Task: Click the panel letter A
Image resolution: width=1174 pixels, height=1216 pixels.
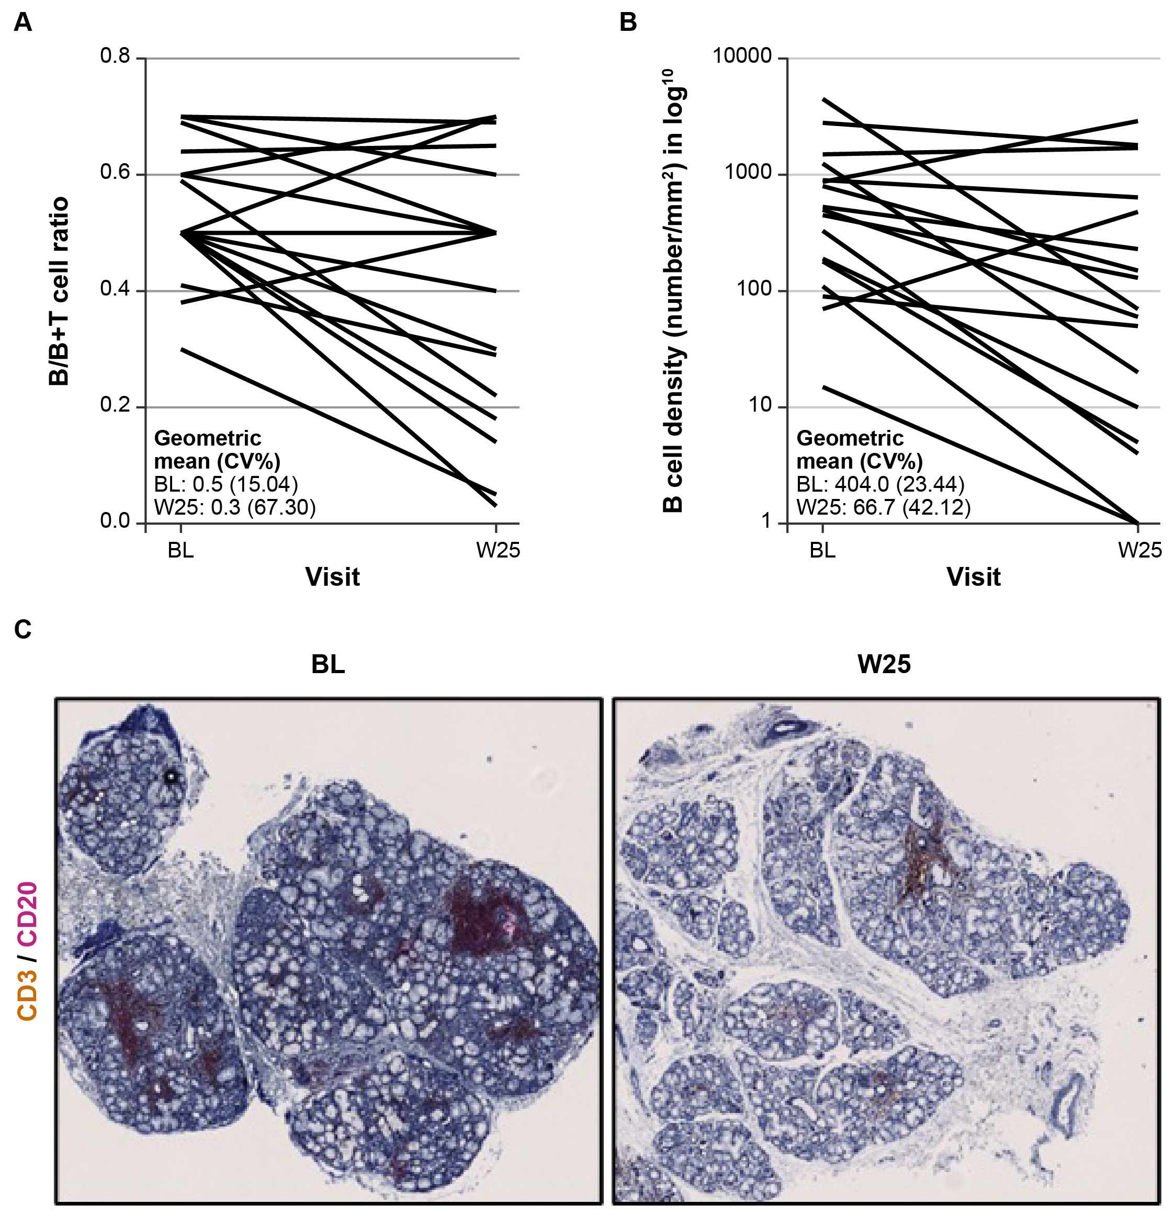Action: (x=22, y=23)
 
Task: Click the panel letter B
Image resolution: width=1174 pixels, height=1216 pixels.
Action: (x=628, y=23)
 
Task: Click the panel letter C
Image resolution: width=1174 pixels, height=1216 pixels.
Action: (x=22, y=630)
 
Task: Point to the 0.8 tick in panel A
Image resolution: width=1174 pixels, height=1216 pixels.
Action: (x=116, y=56)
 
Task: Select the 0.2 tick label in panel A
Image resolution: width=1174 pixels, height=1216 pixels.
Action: (x=116, y=406)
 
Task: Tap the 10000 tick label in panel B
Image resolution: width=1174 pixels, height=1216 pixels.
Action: (x=742, y=56)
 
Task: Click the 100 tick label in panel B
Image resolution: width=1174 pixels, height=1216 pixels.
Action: (x=754, y=289)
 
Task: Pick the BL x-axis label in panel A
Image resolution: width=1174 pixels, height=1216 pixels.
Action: (x=180, y=550)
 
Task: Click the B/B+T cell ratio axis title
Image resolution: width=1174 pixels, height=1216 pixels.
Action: (x=59, y=292)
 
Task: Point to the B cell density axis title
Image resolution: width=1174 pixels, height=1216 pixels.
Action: (x=674, y=292)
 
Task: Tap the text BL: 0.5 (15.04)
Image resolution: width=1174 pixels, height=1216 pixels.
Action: (x=226, y=484)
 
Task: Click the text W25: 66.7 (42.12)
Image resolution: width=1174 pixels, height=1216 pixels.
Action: (x=884, y=507)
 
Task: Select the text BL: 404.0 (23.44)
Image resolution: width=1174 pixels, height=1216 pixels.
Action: (x=880, y=484)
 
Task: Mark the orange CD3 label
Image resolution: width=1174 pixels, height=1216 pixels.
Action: (x=28, y=996)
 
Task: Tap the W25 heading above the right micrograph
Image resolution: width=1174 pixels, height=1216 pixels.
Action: (x=884, y=664)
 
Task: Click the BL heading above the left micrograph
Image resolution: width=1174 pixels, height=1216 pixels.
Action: (x=328, y=664)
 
